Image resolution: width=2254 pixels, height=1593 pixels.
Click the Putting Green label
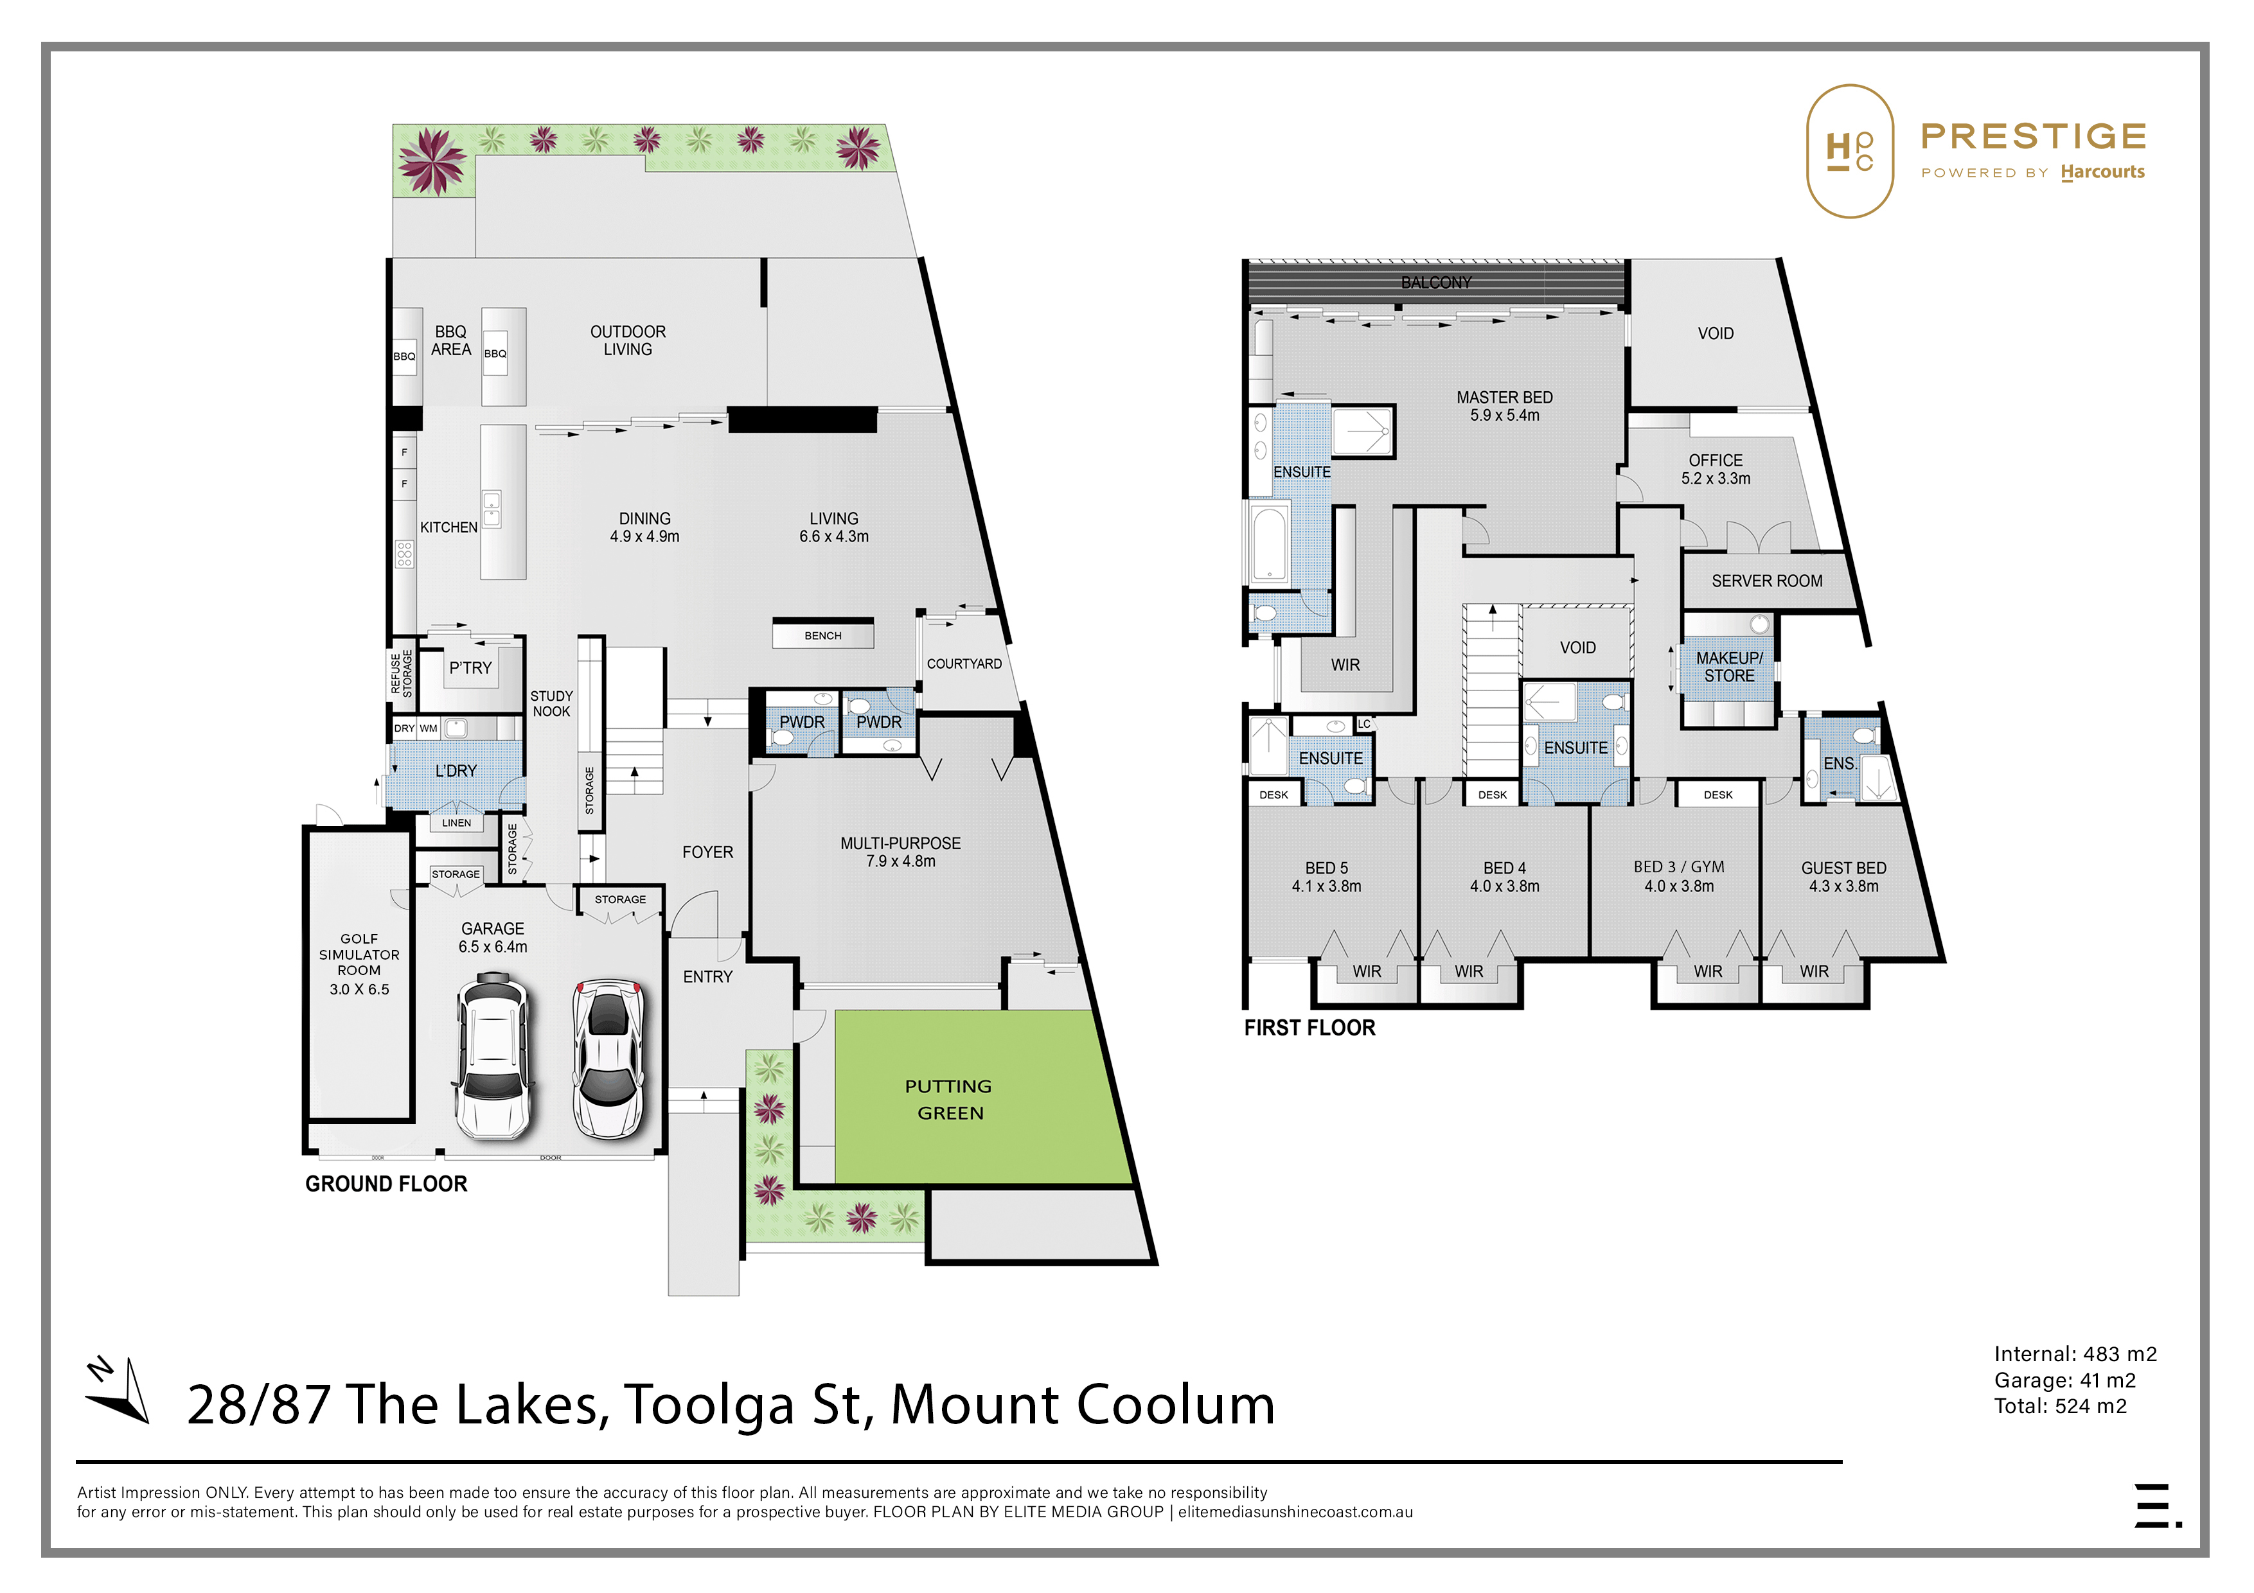pos(948,1099)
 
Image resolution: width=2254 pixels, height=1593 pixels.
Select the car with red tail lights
pos(608,1058)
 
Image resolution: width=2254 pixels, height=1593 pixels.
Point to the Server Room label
pos(1767,581)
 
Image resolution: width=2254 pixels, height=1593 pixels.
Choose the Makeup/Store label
pos(1730,667)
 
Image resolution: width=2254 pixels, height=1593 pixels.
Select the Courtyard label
pos(964,664)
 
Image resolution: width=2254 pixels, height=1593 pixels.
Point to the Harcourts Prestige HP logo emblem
pos(1850,151)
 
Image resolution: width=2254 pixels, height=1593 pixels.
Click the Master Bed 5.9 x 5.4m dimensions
pos(1505,415)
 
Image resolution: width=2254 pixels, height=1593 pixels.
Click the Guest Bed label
pos(1843,868)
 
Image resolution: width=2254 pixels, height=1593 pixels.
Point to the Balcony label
pos(1436,283)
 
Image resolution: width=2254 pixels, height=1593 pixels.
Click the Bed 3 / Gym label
pos(1679,867)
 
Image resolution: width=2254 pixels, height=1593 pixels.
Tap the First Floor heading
pos(1309,1028)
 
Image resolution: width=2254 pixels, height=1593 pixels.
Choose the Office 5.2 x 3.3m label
pos(1716,469)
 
